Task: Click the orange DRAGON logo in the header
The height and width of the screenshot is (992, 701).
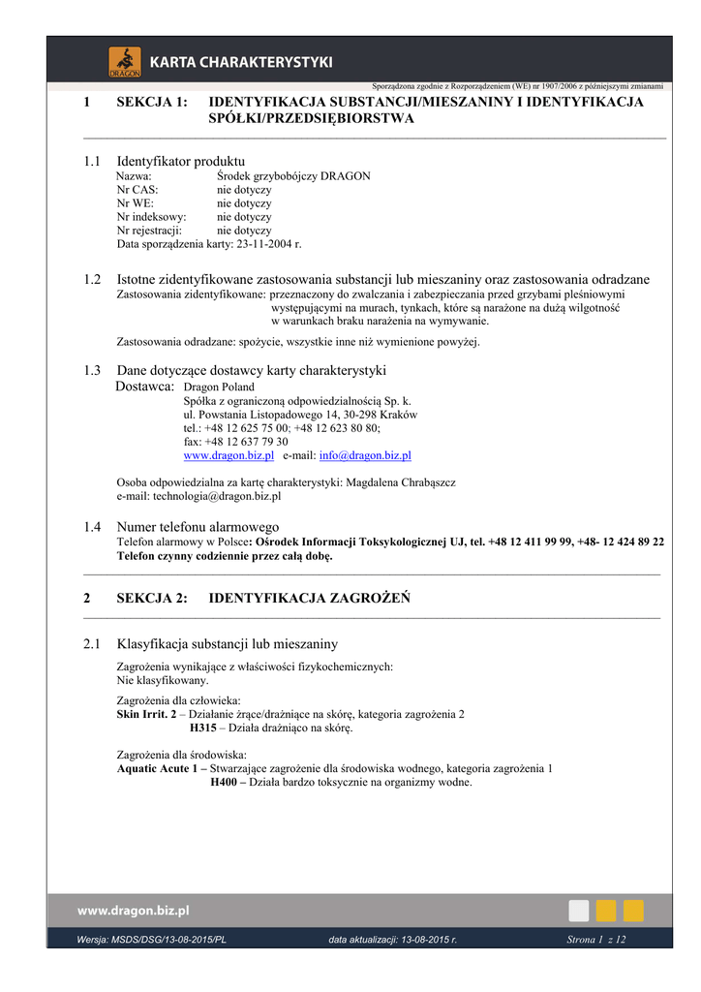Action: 124,61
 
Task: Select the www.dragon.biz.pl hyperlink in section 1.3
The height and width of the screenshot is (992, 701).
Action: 229,455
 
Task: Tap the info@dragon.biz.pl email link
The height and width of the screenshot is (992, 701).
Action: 365,455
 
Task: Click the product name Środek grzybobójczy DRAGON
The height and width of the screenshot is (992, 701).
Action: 293,176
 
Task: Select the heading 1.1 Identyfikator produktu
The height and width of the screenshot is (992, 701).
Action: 180,160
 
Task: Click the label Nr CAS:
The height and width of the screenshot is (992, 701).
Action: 137,190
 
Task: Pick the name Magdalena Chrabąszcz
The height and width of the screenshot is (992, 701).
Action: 401,482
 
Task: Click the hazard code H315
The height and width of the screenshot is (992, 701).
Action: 203,728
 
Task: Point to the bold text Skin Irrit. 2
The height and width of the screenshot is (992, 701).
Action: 146,714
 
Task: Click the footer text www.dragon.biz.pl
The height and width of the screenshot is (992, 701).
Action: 134,911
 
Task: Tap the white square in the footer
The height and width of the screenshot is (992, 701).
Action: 578,911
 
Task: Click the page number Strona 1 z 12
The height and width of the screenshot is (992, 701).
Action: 596,940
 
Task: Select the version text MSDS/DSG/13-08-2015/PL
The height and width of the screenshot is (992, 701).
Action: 166,940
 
